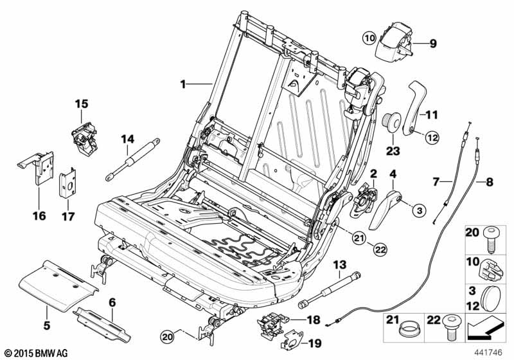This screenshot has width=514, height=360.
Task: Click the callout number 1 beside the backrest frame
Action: click(x=182, y=84)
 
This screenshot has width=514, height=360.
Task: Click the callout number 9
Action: click(x=432, y=44)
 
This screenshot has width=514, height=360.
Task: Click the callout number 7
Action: click(x=435, y=183)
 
